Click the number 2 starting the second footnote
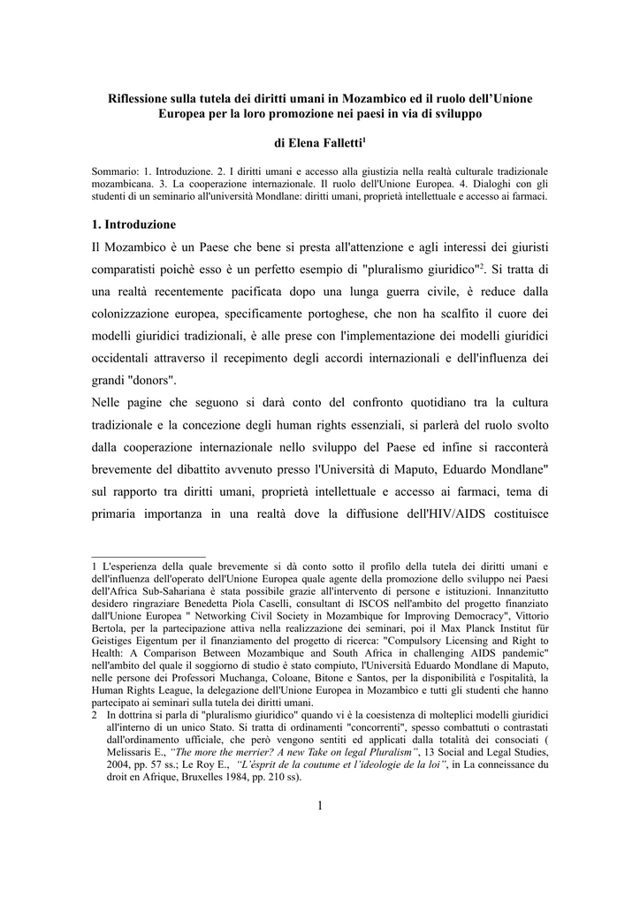[95, 713]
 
